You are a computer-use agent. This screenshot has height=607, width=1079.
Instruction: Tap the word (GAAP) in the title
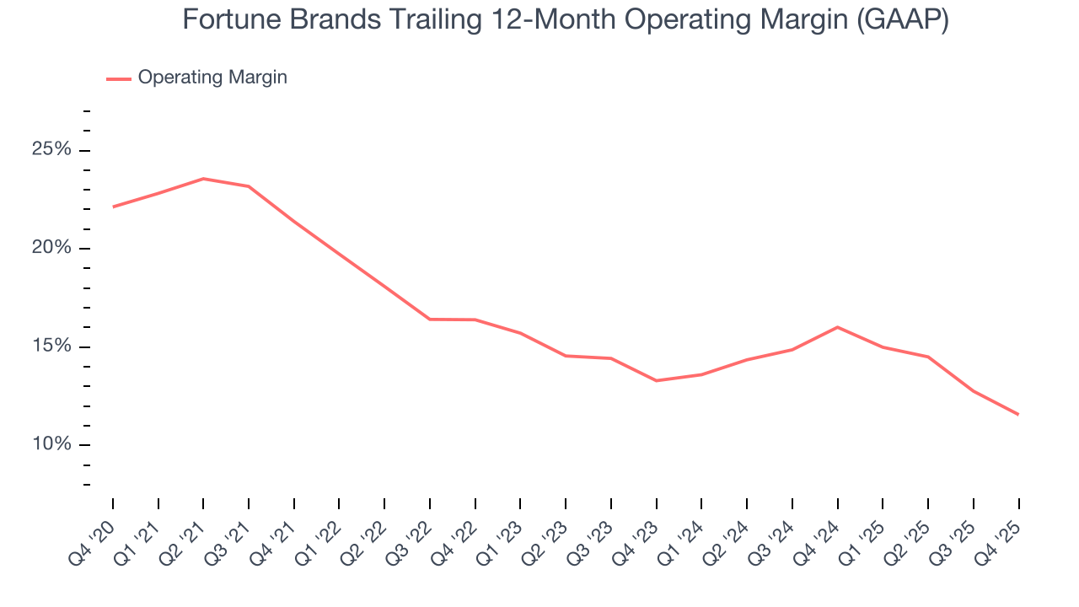coord(902,20)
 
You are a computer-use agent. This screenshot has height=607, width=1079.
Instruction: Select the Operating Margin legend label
coord(212,78)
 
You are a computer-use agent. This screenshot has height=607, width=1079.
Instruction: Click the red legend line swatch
coord(119,78)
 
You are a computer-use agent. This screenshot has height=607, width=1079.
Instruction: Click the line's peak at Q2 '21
coord(203,179)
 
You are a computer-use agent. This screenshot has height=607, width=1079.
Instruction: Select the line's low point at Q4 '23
coord(657,380)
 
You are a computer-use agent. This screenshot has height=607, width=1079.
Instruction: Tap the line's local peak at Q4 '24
coord(837,327)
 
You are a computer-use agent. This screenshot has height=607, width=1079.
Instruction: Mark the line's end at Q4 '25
coord(1018,414)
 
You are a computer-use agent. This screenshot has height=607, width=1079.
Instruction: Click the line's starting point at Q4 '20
coord(113,207)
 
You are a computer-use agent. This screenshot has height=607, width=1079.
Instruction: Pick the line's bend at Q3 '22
coord(430,320)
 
